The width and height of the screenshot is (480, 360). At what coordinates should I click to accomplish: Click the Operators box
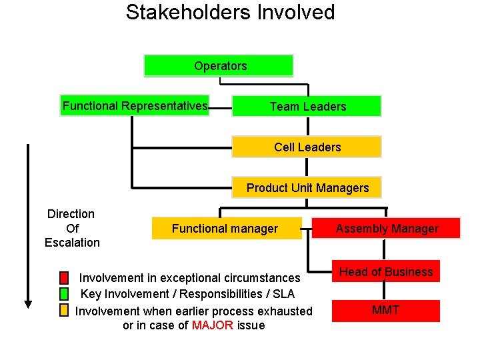219,66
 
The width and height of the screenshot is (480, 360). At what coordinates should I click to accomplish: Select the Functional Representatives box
135,106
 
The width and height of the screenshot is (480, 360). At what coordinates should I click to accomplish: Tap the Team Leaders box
307,107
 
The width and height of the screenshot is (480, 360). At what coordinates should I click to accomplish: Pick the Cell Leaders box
307,147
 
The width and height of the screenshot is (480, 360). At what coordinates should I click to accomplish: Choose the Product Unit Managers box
307,188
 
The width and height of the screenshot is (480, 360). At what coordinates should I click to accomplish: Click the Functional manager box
226,229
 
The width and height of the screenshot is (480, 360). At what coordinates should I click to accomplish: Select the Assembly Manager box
387,229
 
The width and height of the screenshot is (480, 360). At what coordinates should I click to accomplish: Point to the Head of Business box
386,271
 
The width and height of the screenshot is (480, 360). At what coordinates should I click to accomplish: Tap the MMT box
386,311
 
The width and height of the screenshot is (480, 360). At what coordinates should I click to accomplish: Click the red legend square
64,278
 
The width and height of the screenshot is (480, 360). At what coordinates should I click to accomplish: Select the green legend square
64,294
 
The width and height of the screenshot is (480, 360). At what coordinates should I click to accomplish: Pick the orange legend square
64,310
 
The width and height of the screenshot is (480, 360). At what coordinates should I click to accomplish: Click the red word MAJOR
213,326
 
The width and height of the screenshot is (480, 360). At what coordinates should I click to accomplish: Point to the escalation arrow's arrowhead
28,303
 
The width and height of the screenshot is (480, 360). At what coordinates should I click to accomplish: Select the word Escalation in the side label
72,243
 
